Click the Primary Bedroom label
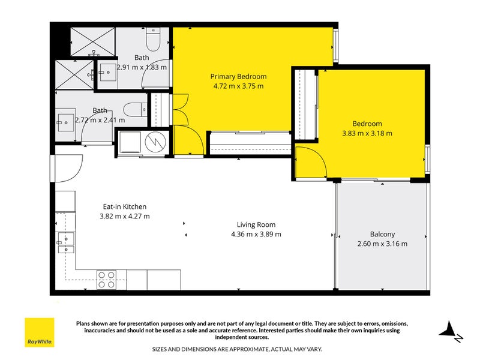pos(238,77)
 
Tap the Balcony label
pos(382,234)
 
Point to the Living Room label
pos(256,225)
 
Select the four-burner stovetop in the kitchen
pos(107,280)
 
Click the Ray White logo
pos(39,332)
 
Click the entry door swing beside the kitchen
pos(63,167)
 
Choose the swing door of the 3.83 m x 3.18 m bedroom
pos(311,163)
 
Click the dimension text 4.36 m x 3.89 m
pos(256,235)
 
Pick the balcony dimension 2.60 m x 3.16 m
pos(382,244)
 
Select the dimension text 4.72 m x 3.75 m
pos(238,86)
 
